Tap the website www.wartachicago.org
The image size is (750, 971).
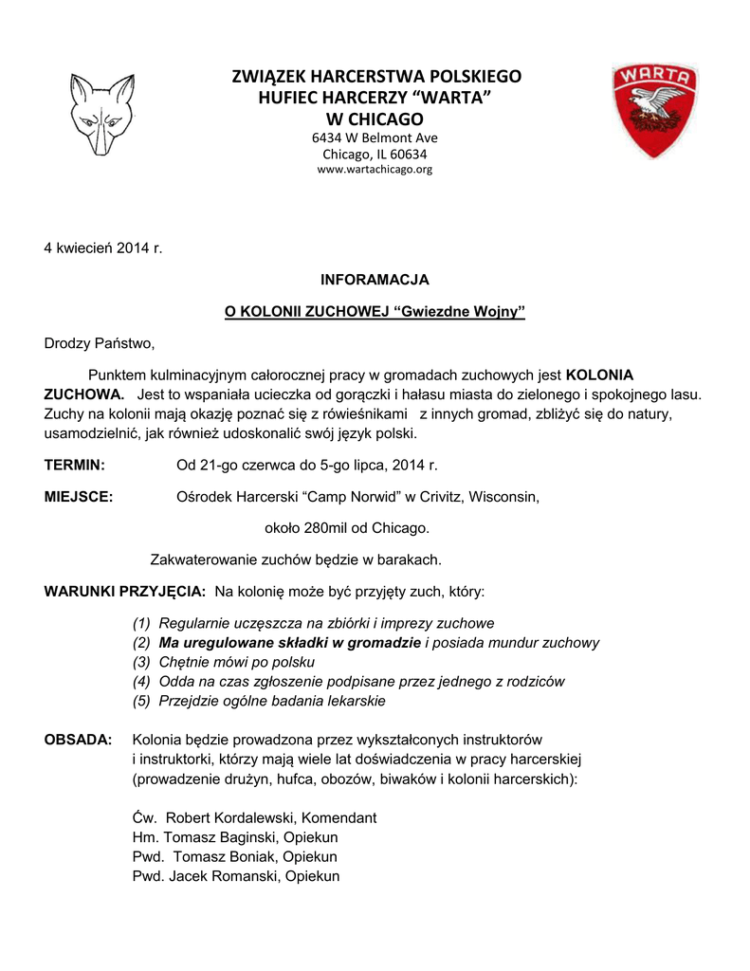[x=375, y=170]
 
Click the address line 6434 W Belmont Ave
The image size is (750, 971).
[x=375, y=137]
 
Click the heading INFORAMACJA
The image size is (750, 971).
[x=375, y=280]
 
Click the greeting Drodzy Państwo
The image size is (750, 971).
[x=99, y=342]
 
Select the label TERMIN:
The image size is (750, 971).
[x=75, y=466]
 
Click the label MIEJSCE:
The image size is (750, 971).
[x=80, y=497]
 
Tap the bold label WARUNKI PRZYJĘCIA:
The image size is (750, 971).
[x=125, y=592]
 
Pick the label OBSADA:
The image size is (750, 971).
[x=79, y=739]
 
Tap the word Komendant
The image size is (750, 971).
[x=337, y=817]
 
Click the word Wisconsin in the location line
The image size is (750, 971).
[x=503, y=497]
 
